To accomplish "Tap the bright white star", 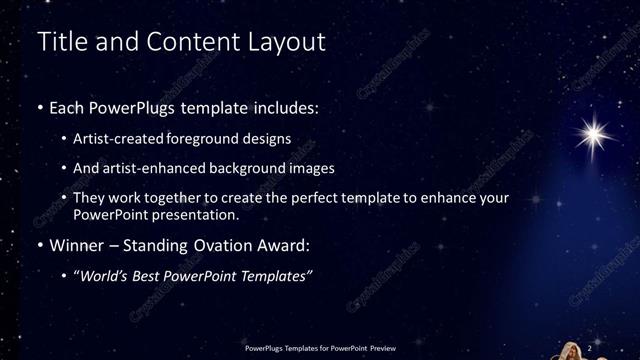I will pyautogui.click(x=598, y=131).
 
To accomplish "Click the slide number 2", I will pyautogui.click(x=590, y=345).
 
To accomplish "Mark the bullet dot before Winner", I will pyautogui.click(x=39, y=245).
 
